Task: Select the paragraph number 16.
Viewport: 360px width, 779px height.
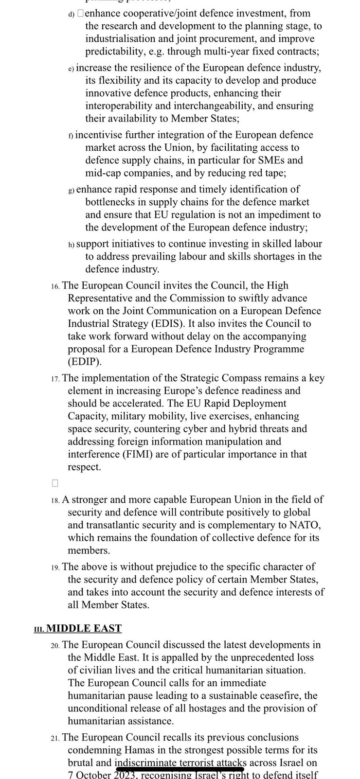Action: (55, 286)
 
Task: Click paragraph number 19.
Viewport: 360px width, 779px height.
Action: (55, 567)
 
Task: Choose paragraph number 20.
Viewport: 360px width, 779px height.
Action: (55, 646)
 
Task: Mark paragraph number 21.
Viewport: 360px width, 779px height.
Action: (55, 739)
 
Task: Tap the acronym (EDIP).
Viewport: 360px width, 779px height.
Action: (84, 361)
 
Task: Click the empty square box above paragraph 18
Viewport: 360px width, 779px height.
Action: (54, 483)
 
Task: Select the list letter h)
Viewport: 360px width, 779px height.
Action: (71, 245)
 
